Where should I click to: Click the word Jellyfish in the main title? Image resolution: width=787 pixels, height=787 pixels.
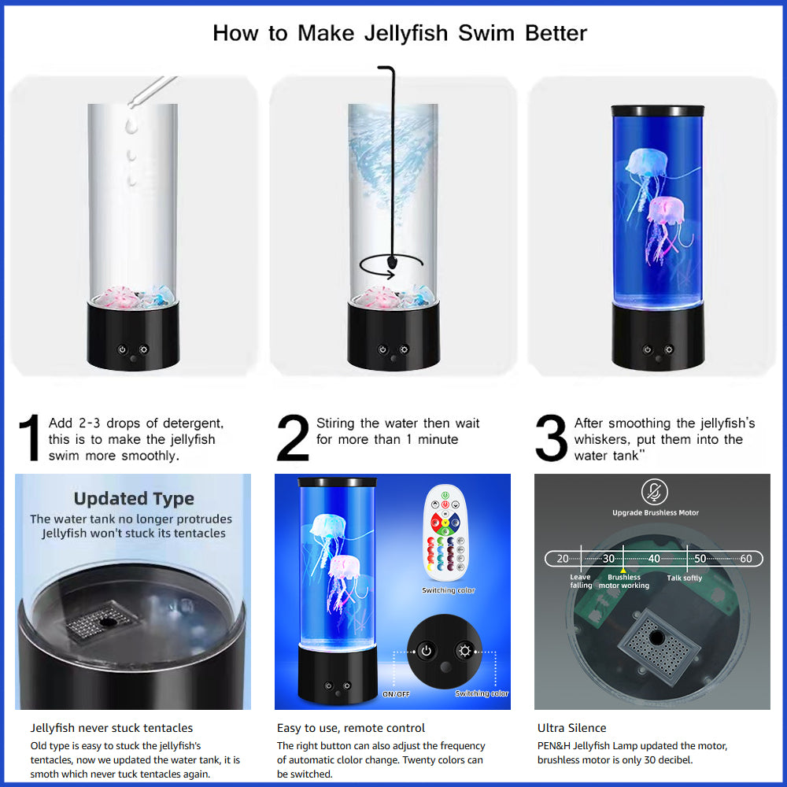coord(406,34)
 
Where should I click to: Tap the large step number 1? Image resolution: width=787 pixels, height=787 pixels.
coord(30,438)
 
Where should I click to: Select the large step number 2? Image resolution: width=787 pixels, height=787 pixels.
coord(293,438)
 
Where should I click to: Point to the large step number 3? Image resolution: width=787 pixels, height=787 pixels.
coord(551,438)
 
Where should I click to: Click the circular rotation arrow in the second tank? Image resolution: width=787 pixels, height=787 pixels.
coord(391,265)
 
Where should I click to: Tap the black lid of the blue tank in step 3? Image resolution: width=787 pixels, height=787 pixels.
coord(657,110)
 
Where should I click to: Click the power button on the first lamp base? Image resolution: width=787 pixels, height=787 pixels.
coord(122,349)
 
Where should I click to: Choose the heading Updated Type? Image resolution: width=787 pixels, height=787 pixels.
coord(134,498)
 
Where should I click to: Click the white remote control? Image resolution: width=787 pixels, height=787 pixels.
coord(445,533)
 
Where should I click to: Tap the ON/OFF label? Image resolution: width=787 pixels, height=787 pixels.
coord(396,694)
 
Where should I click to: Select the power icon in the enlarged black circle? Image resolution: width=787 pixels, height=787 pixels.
coord(426,651)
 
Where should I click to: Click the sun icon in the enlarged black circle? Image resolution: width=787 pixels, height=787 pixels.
coord(465,651)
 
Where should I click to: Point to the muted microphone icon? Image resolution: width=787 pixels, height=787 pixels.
coord(655,492)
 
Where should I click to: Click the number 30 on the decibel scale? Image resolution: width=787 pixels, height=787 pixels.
coord(608,559)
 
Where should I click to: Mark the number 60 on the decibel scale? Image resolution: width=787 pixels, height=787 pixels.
coord(746,559)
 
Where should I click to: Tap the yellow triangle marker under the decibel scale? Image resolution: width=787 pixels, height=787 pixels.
coord(623,570)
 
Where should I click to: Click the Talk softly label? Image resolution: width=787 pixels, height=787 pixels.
coord(684,578)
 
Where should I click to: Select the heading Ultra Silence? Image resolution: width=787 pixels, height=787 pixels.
coord(571,728)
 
